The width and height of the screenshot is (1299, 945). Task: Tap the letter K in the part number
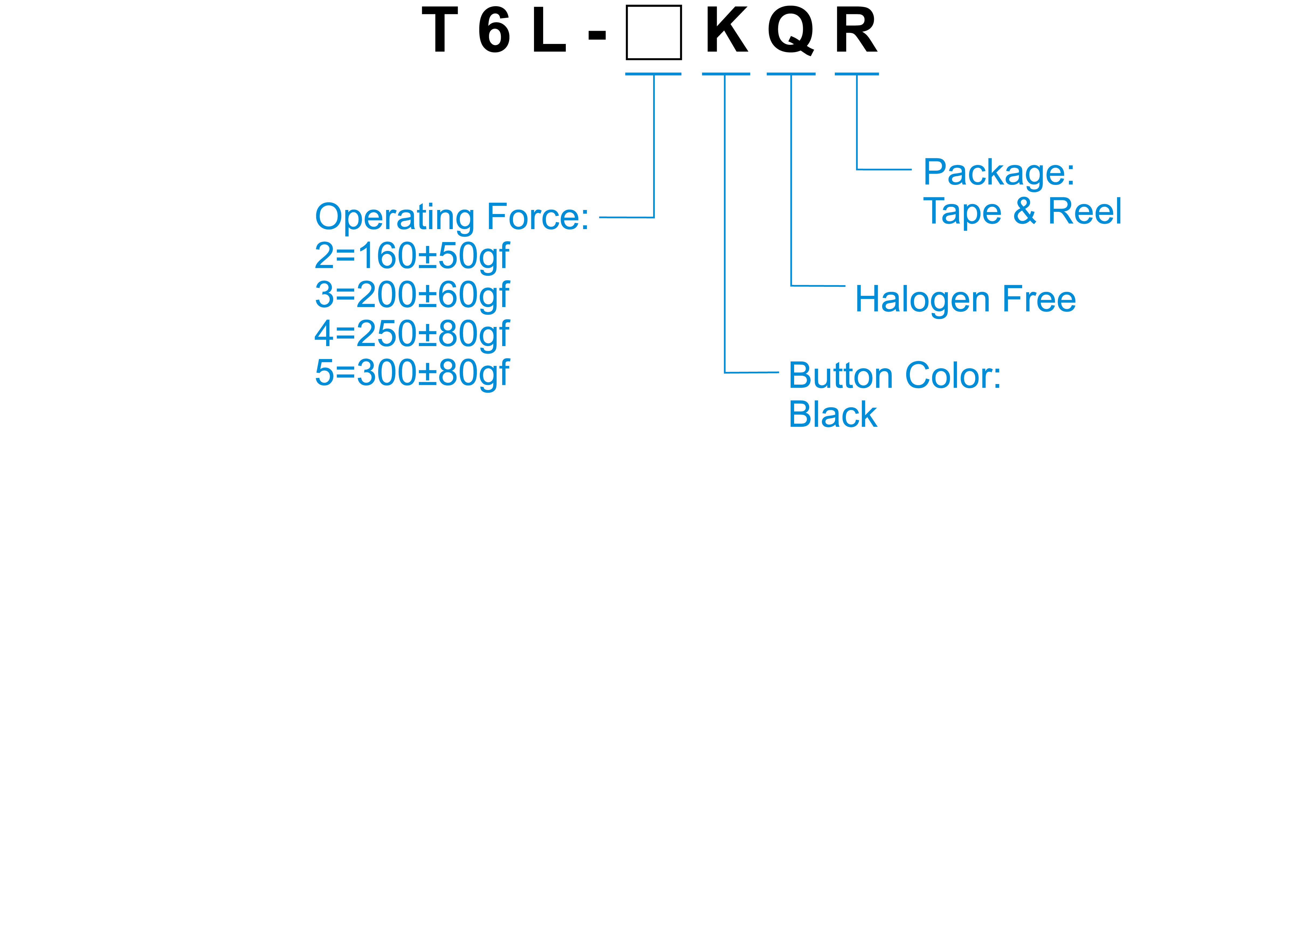click(x=726, y=30)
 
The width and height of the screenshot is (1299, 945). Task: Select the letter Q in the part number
click(x=791, y=31)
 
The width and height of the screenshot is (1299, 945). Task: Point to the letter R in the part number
click(x=856, y=30)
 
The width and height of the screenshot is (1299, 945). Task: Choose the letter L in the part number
click(x=548, y=30)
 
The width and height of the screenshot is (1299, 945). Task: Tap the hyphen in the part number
click(x=597, y=36)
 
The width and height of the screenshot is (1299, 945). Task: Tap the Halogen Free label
click(x=965, y=299)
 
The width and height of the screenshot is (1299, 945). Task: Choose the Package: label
click(x=999, y=173)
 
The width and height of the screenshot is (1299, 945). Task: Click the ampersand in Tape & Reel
click(x=1025, y=211)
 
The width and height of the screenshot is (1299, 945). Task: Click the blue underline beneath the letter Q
click(x=791, y=74)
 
